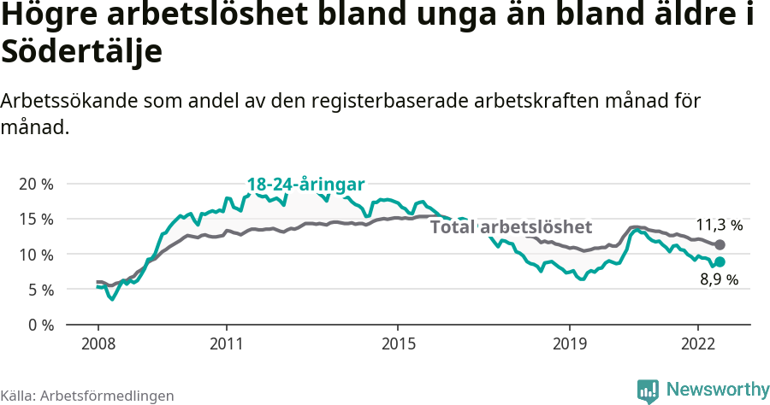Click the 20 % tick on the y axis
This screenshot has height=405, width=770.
[35, 184]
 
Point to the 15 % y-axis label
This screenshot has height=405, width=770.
[35, 219]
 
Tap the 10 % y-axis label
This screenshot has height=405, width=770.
[35, 255]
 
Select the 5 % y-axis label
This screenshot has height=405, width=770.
[39, 290]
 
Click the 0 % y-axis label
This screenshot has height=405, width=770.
[39, 325]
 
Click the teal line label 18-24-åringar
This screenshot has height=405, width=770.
[305, 185]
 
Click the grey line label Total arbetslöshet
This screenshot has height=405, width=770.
[511, 227]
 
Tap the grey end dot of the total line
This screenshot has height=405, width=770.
[720, 245]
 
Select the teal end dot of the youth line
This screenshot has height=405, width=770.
[720, 261]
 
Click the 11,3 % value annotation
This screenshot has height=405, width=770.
[719, 226]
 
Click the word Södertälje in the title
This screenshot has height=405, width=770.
[82, 51]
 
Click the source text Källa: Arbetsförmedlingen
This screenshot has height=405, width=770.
[87, 396]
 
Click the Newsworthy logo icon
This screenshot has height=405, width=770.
[648, 390]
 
